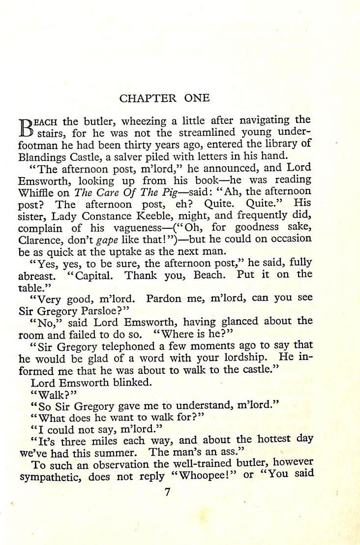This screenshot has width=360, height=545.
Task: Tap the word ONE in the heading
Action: pos(197,98)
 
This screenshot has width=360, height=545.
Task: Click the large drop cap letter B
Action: pos(26,126)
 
